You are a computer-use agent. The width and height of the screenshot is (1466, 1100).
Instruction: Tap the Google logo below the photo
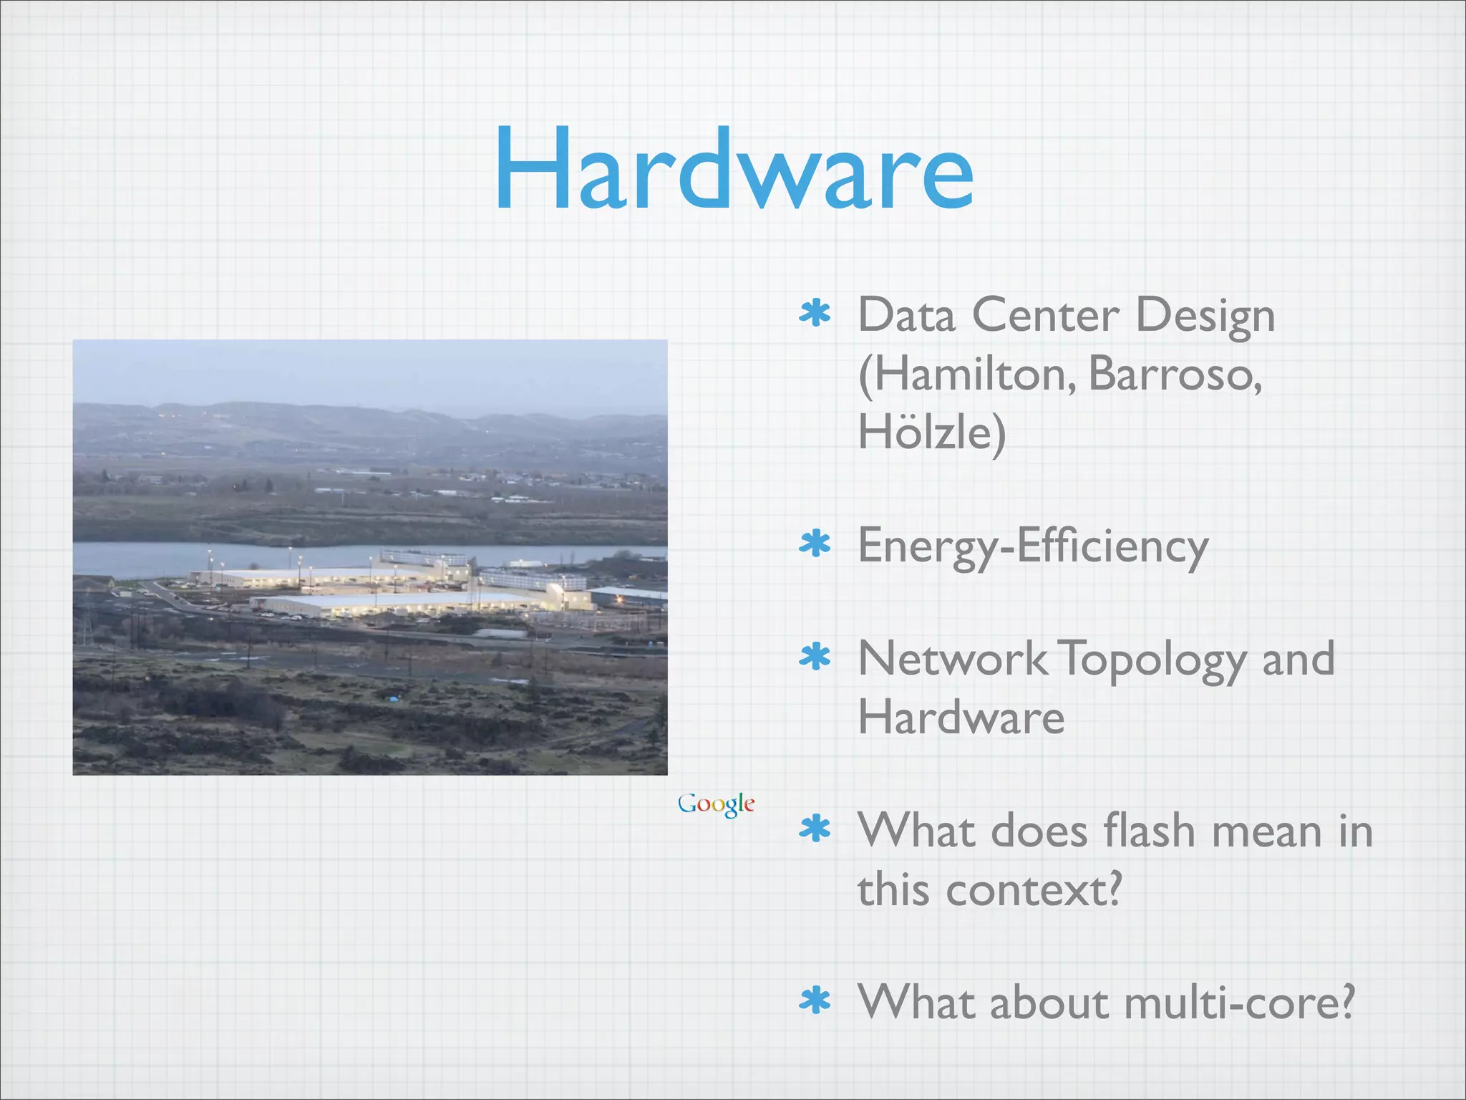pos(716,804)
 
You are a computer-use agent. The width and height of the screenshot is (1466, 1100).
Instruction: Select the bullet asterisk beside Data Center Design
pos(815,314)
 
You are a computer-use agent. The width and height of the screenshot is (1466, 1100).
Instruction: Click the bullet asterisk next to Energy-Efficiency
pos(815,545)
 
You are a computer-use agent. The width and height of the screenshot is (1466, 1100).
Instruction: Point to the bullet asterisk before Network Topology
pos(815,657)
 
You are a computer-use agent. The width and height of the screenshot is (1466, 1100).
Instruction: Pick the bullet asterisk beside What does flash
pos(815,830)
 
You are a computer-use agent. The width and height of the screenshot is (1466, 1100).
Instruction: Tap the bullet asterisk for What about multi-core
pos(815,1002)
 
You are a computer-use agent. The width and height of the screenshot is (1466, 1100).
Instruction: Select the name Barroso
pos(1175,374)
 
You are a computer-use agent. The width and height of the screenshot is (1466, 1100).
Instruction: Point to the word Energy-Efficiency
pos(1033,546)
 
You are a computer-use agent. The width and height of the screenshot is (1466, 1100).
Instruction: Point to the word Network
pos(952,659)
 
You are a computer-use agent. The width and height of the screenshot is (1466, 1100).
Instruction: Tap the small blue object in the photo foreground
pos(392,698)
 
